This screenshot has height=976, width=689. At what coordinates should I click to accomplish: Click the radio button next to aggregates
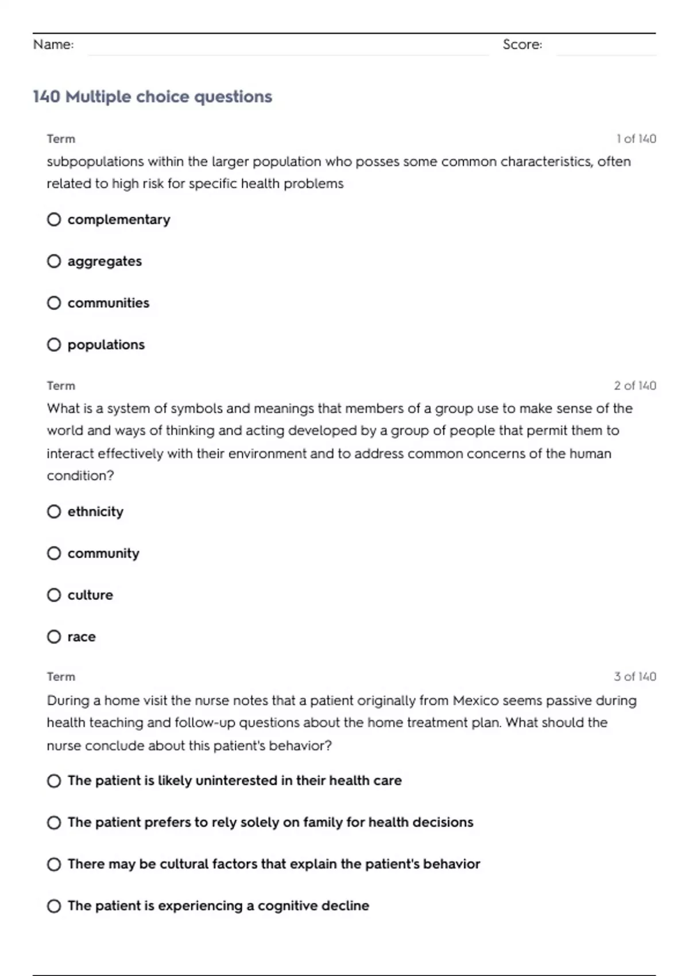coord(54,261)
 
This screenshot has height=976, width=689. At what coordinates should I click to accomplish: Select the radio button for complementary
coord(54,219)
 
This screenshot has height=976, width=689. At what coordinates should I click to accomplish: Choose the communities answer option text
coord(108,303)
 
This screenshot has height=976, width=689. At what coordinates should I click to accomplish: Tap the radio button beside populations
coord(54,344)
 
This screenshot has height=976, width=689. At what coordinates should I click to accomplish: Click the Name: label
coord(53,44)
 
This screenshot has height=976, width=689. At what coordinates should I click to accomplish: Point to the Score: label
coord(522,44)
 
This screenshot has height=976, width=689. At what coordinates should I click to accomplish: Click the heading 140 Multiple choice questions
coord(152,96)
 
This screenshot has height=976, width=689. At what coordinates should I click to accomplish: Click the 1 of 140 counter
coord(636,139)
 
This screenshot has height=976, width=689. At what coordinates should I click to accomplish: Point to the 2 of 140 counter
coord(634,386)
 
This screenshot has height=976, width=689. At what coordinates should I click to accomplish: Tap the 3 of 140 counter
coord(634,677)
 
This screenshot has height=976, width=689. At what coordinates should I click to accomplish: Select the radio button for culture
coord(54,595)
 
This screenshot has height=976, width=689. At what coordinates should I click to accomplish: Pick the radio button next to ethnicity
coord(54,512)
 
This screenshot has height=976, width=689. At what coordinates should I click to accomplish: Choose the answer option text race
coord(82,637)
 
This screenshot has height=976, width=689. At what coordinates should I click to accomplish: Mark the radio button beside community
coord(54,553)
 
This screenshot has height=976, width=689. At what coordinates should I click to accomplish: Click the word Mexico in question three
coord(476,700)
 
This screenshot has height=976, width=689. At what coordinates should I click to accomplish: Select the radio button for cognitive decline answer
coord(54,906)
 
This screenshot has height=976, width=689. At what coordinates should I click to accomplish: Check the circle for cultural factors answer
coord(54,864)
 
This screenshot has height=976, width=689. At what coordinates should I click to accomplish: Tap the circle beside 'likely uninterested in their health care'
coord(54,781)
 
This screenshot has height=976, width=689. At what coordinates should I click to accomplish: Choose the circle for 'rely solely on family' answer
coord(54,823)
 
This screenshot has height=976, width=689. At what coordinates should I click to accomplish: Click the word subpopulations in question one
coord(95,162)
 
